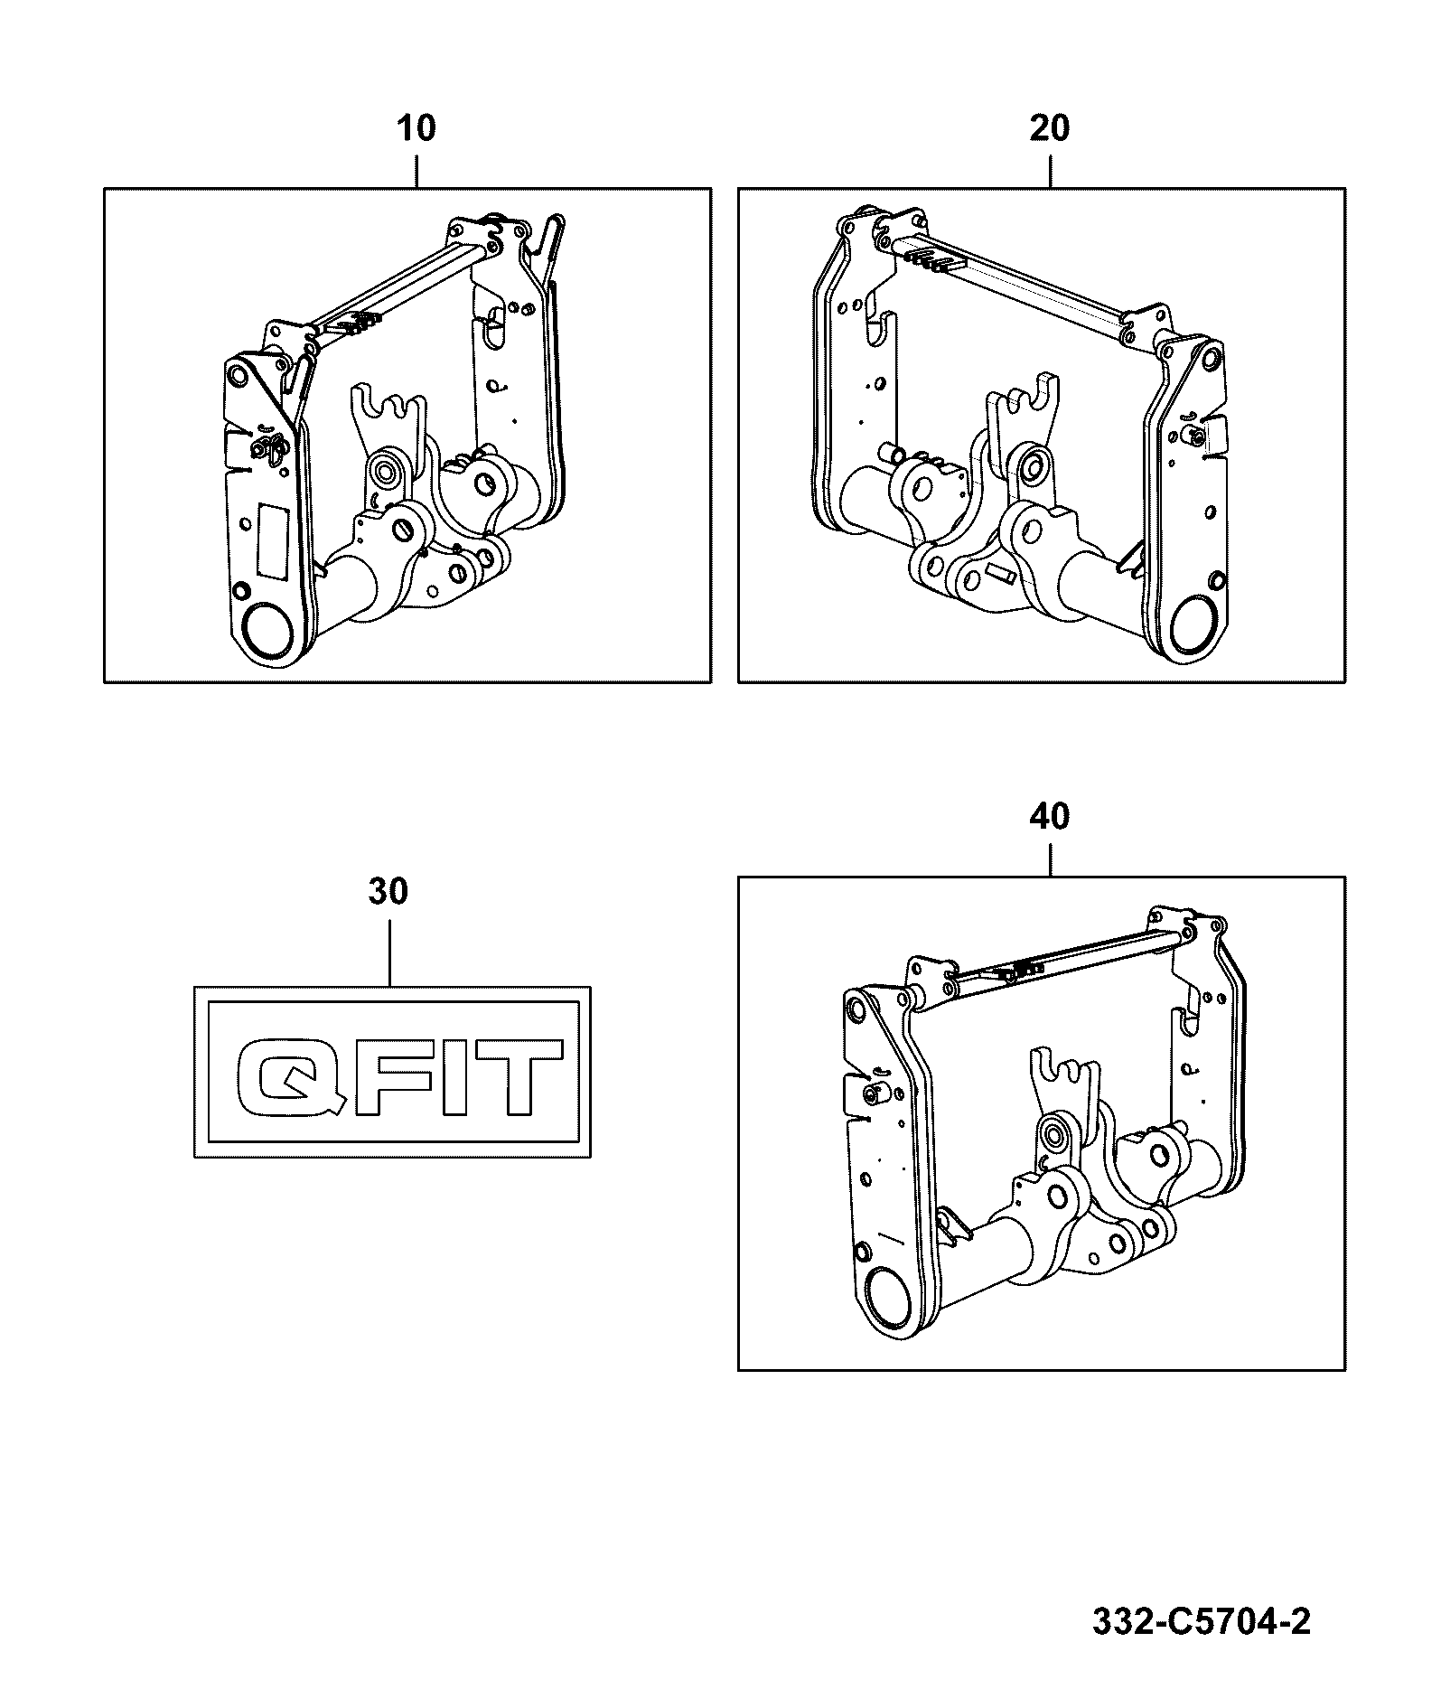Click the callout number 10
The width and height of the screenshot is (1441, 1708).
pos(416,128)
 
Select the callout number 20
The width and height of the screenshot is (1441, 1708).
pos(1050,128)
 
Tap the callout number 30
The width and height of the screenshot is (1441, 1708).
pos(388,891)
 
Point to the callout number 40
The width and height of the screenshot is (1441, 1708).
pos(1050,817)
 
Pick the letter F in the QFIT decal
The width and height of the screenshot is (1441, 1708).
pos(392,1076)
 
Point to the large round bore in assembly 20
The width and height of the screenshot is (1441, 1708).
pos(1195,623)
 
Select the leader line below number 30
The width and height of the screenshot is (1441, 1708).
pos(389,949)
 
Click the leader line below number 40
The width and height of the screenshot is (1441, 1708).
pos(1050,857)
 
